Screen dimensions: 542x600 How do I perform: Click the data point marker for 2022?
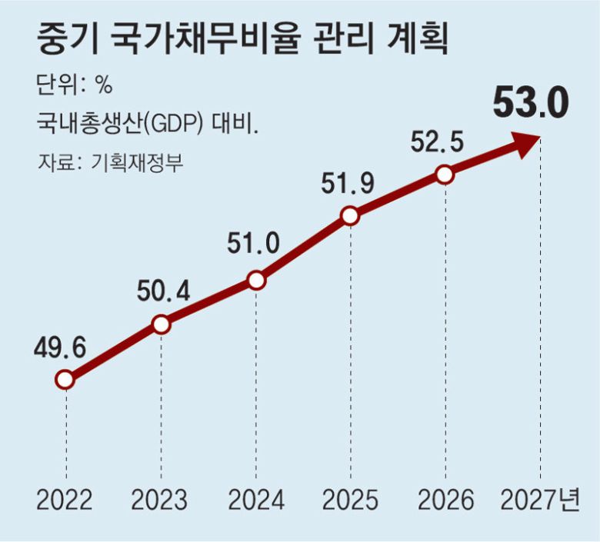pyautogui.click(x=65, y=380)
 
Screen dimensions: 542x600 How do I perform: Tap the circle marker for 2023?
pyautogui.click(x=161, y=324)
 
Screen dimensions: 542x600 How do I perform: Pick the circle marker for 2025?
pyautogui.click(x=350, y=217)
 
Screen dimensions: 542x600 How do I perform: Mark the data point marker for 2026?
pyautogui.click(x=445, y=175)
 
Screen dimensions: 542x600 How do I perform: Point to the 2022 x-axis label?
pyautogui.click(x=64, y=500)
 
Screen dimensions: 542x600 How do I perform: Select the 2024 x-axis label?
pyautogui.click(x=256, y=500)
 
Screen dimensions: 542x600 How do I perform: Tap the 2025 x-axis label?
pyautogui.click(x=351, y=500)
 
